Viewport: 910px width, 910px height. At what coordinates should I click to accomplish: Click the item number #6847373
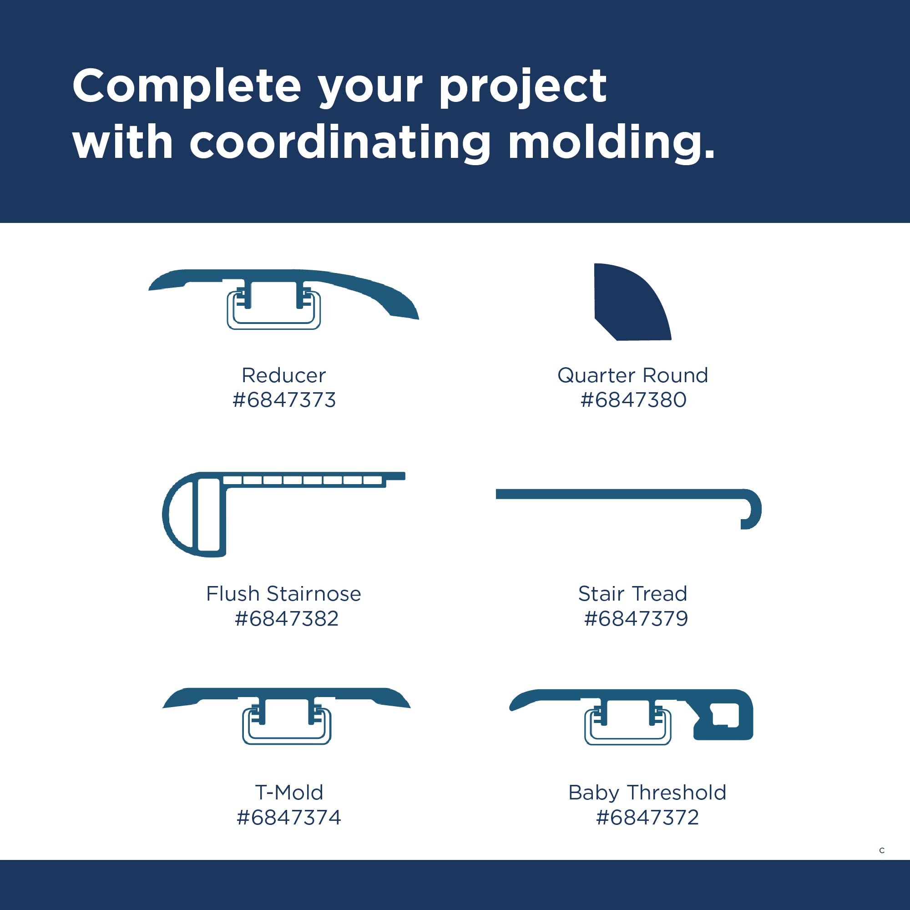point(284,400)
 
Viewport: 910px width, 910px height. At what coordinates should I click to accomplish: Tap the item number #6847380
point(633,400)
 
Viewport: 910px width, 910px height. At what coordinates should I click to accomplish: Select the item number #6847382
point(286,618)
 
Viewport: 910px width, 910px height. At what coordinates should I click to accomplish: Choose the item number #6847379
point(636,618)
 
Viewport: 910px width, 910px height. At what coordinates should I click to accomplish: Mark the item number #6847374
point(289,817)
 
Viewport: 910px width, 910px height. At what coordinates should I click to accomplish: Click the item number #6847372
point(647,817)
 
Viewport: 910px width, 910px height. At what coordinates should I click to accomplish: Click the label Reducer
point(283,375)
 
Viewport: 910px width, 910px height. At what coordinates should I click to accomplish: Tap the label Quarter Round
point(632,376)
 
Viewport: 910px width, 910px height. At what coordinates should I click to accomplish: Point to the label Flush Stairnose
point(283,593)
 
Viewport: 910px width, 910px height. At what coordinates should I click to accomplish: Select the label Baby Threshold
point(647,793)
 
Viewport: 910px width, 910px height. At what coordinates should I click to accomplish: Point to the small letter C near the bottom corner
point(882,850)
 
